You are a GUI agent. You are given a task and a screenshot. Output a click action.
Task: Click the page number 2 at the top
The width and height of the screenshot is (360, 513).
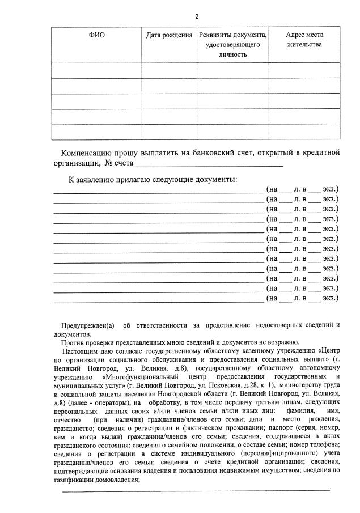click(x=196, y=16)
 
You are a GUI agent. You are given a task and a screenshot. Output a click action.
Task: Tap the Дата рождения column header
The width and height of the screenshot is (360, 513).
click(x=169, y=35)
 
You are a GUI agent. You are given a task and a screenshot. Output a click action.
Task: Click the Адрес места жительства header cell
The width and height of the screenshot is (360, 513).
click(x=304, y=40)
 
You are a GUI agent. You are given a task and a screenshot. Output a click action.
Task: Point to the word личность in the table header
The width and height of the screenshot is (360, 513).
click(x=232, y=54)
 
